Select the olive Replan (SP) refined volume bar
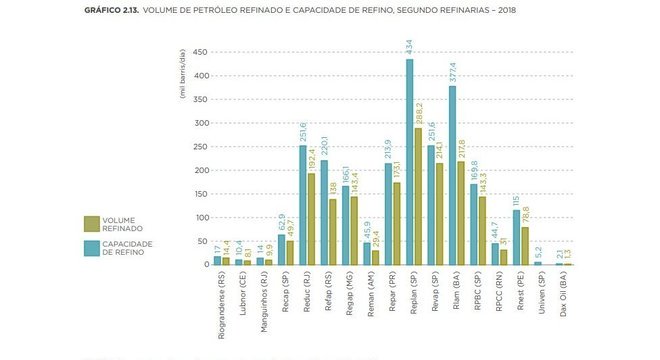(x=418, y=196)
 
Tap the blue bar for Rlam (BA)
(x=452, y=175)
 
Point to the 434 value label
(x=409, y=48)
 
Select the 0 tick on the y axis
(x=203, y=264)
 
